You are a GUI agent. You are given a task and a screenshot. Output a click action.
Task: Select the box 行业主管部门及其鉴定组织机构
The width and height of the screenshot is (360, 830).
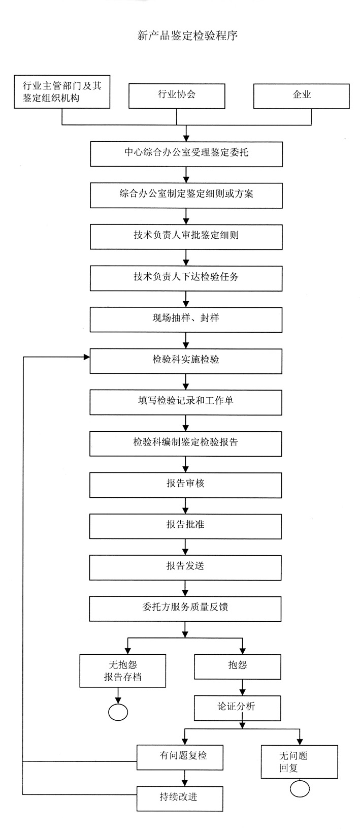pyautogui.click(x=61, y=92)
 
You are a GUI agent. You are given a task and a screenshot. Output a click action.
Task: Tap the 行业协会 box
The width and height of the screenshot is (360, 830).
pyautogui.click(x=177, y=95)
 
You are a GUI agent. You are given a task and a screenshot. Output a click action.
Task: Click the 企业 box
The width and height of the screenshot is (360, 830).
pyautogui.click(x=302, y=95)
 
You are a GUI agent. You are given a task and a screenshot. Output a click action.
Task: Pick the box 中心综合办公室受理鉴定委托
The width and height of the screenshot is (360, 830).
pyautogui.click(x=186, y=153)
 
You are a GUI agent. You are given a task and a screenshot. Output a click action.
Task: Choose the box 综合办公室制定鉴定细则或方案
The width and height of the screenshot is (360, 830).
pyautogui.click(x=186, y=195)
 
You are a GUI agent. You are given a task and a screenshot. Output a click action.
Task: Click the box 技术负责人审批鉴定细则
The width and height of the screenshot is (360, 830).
pyautogui.click(x=186, y=236)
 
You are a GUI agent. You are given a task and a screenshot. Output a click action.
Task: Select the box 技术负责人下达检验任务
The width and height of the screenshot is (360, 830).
pyautogui.click(x=186, y=277)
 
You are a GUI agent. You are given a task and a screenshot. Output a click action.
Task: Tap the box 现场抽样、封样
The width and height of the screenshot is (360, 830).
pyautogui.click(x=186, y=318)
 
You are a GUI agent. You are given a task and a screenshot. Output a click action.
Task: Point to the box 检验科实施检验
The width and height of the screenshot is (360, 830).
pyautogui.click(x=186, y=360)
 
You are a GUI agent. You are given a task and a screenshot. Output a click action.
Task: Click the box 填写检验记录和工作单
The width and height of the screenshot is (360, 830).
pyautogui.click(x=186, y=401)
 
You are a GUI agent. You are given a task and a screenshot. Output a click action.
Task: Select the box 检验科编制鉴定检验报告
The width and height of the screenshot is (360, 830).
pyautogui.click(x=186, y=443)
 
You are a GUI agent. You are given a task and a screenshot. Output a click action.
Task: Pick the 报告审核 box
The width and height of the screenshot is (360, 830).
pyautogui.click(x=186, y=484)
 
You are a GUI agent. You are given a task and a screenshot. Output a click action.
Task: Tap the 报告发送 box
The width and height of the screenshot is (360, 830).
pyautogui.click(x=186, y=567)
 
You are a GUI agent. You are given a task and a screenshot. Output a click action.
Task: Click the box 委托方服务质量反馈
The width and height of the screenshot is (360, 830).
pyautogui.click(x=186, y=608)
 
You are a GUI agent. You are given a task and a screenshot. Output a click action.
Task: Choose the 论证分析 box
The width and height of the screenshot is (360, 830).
pyautogui.click(x=238, y=707)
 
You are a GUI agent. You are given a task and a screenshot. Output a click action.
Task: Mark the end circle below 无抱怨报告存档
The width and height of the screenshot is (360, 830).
pyautogui.click(x=118, y=712)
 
